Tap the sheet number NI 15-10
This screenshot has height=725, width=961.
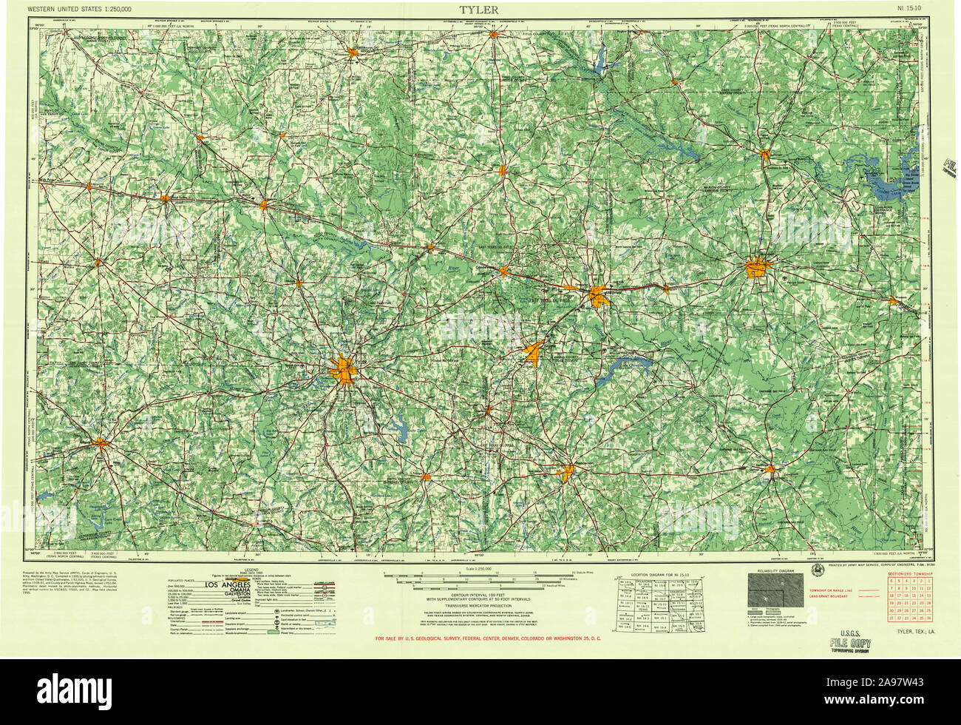point(909,10)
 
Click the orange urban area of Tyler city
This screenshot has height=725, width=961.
point(344,369)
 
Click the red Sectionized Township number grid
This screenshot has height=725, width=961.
point(909,600)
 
